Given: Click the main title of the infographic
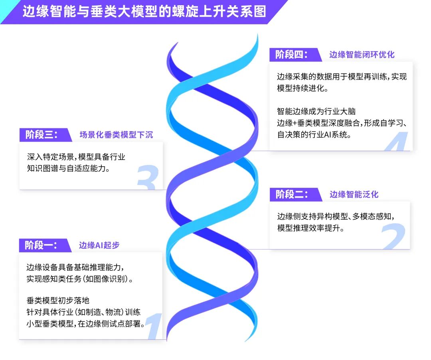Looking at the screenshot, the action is (144, 12).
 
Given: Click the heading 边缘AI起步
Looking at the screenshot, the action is (99, 245).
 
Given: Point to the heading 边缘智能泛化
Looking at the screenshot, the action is (354, 195).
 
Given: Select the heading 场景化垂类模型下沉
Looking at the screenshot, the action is (116, 135).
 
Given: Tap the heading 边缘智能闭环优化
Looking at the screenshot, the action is (362, 55).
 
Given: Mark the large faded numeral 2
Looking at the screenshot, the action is (393, 236).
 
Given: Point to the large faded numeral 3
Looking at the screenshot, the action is (148, 177).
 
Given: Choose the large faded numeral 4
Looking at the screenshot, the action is (396, 142).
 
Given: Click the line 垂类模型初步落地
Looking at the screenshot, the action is (58, 301).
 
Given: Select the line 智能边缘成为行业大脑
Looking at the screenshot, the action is (316, 112).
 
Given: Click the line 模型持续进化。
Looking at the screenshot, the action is (302, 89).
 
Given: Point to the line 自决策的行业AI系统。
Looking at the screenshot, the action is (314, 135).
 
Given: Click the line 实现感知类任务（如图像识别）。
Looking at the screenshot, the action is (80, 279).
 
